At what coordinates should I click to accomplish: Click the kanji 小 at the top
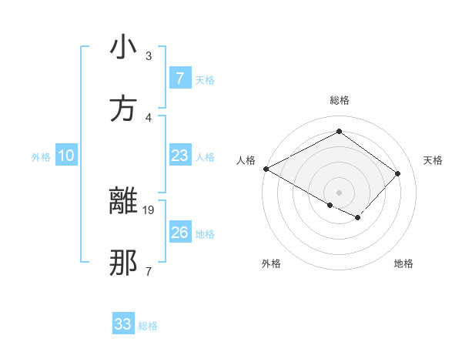coord(122,48)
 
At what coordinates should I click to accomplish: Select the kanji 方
coord(122,109)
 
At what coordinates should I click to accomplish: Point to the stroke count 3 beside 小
coord(149,55)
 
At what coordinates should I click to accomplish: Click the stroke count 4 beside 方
coord(149,117)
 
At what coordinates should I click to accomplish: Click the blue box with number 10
coord(66,156)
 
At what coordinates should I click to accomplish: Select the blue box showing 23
coord(179,156)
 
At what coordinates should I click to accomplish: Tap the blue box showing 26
coord(179,233)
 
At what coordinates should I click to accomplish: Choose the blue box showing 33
coord(123,324)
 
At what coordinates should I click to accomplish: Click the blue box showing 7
coord(179,78)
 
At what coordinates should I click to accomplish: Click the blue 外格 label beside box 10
coord(41,157)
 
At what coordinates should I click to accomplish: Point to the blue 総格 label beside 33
coord(148,326)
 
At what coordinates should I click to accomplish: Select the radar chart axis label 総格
coord(339,100)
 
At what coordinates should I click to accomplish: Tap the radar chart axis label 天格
coord(434,160)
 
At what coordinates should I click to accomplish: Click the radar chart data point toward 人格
coord(266,168)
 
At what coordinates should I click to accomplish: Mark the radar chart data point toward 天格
coord(397,173)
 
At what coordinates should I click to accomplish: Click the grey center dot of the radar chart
coord(339,192)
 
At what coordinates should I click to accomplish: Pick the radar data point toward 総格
coord(339,132)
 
